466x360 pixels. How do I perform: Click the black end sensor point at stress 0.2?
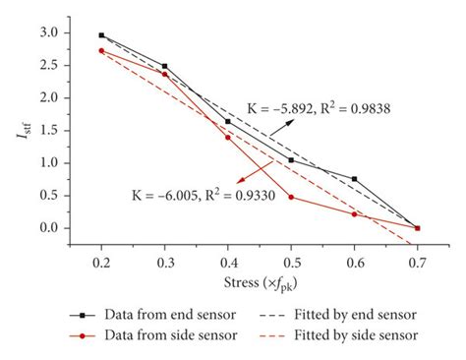pos(101,35)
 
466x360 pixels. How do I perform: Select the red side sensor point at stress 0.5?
pos(291,197)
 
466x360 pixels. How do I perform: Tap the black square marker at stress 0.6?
pos(354,179)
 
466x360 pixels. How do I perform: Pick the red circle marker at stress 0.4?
pos(228,137)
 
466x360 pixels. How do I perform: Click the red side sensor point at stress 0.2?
pos(101,51)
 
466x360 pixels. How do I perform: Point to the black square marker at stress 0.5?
pos(291,160)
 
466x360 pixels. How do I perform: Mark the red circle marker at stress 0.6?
pos(354,213)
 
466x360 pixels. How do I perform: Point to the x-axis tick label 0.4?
pos(228,264)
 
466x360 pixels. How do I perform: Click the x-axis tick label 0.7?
pos(417,264)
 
